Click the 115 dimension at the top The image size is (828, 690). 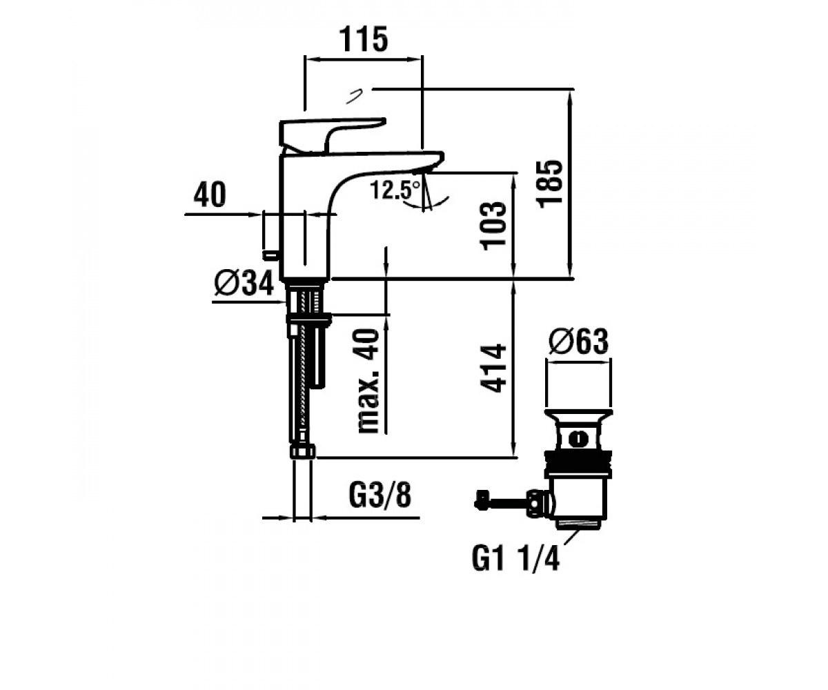[x=363, y=39]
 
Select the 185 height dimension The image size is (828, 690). [x=549, y=184]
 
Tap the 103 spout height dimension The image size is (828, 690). [x=494, y=226]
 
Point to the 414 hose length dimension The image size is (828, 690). [x=494, y=368]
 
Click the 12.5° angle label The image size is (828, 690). [x=395, y=190]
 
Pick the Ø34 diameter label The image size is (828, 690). [x=244, y=283]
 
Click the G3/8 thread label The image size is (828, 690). [x=380, y=495]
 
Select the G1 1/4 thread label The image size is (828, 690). [x=515, y=559]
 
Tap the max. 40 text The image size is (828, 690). [x=368, y=381]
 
